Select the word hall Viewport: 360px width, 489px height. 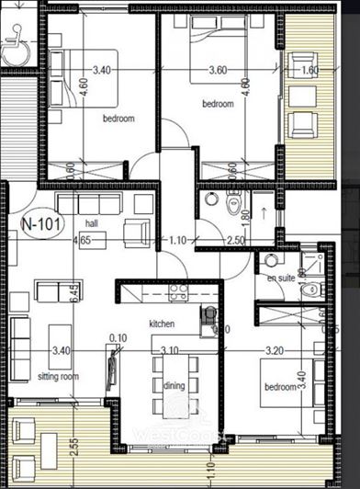(x=91, y=223)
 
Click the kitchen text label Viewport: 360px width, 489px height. (x=162, y=324)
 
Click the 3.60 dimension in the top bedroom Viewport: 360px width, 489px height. (x=218, y=69)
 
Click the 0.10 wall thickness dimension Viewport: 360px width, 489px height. (x=118, y=338)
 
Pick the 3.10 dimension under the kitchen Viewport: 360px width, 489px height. (x=168, y=351)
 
